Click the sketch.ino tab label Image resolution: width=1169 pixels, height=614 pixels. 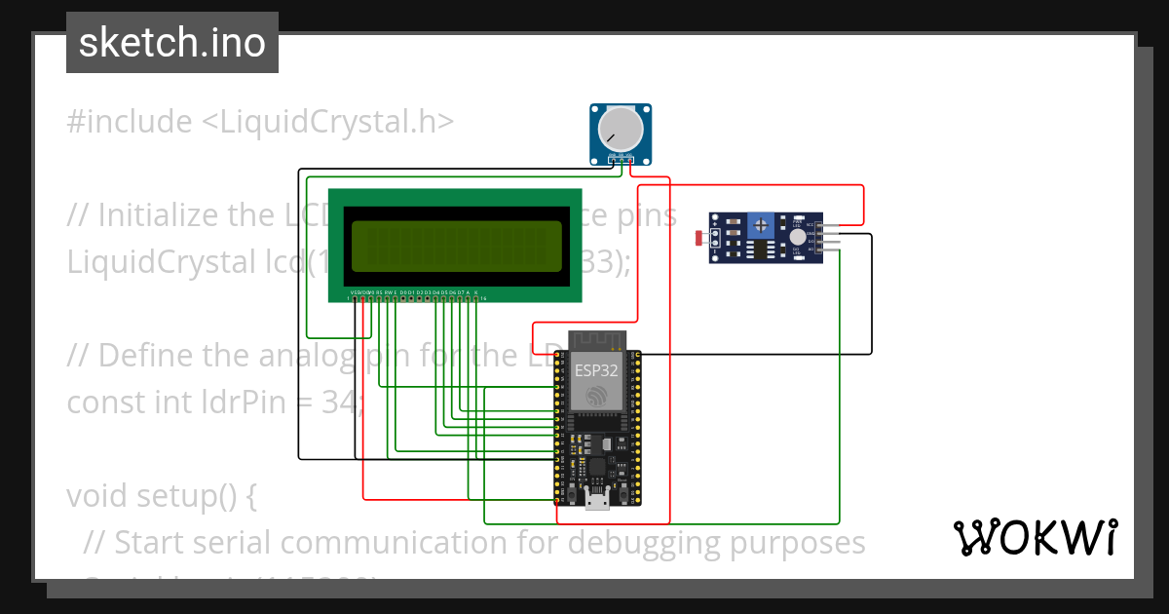172,43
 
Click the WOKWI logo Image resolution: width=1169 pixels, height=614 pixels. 1035,537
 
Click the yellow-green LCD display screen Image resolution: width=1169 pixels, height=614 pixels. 455,246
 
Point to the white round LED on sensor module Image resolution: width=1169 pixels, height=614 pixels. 798,236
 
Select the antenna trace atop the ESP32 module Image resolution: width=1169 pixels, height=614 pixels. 595,340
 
